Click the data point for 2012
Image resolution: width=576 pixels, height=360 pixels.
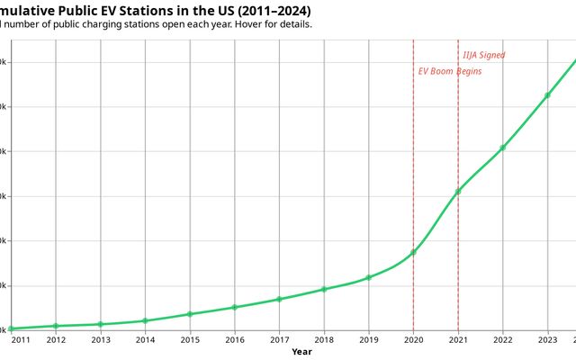click(56, 326)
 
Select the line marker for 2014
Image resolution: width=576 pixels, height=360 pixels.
click(145, 320)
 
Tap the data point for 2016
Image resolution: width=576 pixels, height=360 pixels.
click(234, 307)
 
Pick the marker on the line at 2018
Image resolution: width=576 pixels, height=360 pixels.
click(324, 289)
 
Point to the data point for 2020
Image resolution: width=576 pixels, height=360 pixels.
click(413, 253)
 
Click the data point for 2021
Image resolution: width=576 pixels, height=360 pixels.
click(458, 191)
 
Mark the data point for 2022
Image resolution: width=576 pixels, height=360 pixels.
click(503, 148)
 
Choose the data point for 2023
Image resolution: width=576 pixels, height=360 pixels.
click(547, 95)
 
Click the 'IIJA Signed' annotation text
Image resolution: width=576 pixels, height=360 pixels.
click(483, 55)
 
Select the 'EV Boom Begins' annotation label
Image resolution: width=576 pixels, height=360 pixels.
click(450, 71)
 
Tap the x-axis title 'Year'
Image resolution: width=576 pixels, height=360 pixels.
click(301, 352)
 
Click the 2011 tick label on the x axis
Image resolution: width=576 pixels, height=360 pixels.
click(20, 339)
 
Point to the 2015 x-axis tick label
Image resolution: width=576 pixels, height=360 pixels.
click(190, 339)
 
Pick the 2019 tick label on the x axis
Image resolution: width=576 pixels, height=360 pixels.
click(369, 339)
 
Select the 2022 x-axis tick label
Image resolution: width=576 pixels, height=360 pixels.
click(503, 339)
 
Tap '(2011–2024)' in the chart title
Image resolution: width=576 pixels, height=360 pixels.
click(268, 9)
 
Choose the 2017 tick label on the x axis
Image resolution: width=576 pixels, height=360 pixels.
click(279, 339)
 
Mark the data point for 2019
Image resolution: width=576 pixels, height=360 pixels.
click(369, 277)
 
